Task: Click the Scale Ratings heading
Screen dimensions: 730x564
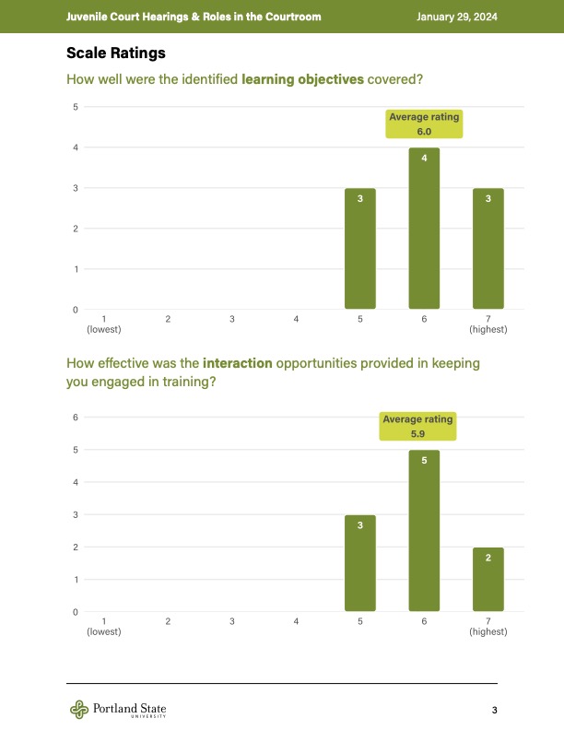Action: point(115,53)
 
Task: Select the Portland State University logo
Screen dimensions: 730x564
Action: point(118,709)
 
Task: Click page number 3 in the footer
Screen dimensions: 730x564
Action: point(495,710)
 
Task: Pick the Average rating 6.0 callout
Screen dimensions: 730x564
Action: point(424,124)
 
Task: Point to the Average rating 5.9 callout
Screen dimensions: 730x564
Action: point(418,426)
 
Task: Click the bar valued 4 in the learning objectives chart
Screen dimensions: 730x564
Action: point(424,229)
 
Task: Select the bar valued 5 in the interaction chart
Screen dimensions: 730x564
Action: point(424,530)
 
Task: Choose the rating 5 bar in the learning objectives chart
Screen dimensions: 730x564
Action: point(360,249)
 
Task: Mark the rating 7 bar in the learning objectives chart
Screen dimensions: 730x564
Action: point(488,249)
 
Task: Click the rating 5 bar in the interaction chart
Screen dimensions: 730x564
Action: point(360,562)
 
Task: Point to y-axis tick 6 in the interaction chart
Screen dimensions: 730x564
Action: point(75,418)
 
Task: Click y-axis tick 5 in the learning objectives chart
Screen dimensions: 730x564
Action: point(75,107)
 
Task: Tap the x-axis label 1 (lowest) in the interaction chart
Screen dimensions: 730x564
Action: point(104,627)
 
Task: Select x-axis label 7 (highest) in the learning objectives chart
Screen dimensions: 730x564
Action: point(488,324)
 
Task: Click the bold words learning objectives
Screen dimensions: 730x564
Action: point(302,80)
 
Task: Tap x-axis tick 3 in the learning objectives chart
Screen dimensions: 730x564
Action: point(232,319)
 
